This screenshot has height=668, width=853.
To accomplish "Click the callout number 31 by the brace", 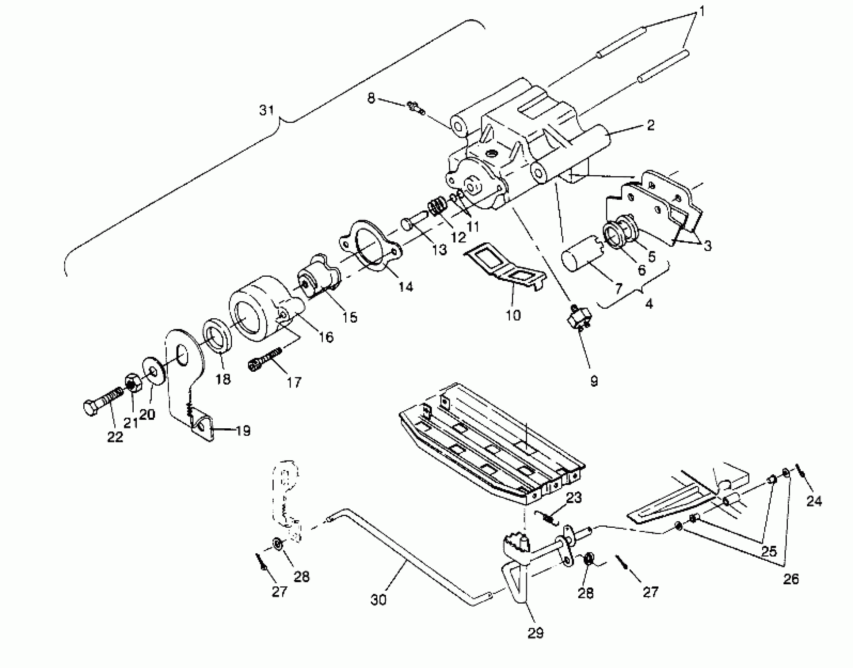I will coord(267,110).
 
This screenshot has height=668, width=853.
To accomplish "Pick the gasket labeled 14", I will coord(370,245).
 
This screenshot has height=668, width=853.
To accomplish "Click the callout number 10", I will coord(513,315).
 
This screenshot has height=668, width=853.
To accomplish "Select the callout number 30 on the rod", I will coord(379,600).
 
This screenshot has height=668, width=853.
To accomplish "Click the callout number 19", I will coord(243,431).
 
